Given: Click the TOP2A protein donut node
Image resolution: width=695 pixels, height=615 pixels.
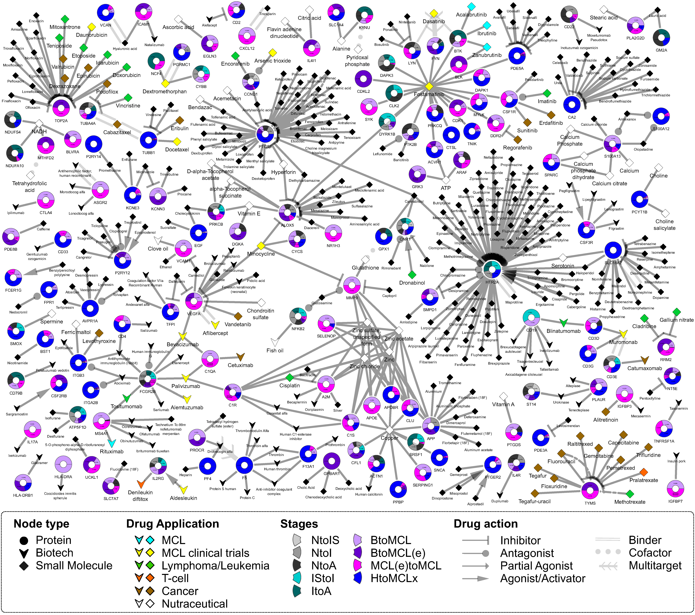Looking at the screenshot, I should [61, 107].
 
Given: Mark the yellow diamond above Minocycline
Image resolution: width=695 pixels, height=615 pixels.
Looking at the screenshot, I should [261, 245].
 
